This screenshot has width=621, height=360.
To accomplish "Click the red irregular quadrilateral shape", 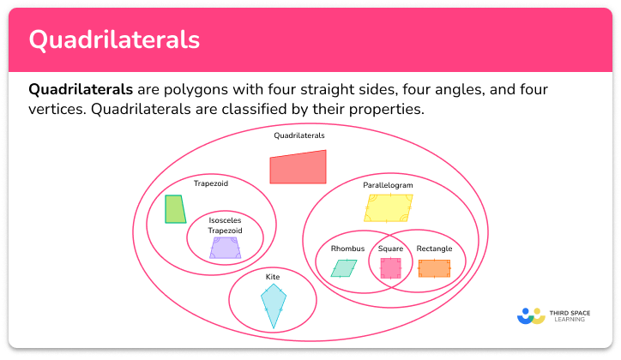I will tap(298, 167).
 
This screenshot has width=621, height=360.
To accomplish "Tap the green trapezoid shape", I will tap(175, 209).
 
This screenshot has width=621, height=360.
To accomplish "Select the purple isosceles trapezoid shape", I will tap(225, 248).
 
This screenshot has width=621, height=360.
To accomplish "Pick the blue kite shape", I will tap(274, 305).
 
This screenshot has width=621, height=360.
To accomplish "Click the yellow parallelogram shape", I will tap(389, 207).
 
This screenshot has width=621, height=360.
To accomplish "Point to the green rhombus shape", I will tap(343, 268).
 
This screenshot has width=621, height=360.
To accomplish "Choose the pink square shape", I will tap(390, 268).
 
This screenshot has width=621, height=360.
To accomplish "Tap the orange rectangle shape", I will tap(434, 268).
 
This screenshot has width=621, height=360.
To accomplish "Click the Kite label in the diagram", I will tap(272, 277).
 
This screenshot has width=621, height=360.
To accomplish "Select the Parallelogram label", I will tap(388, 185).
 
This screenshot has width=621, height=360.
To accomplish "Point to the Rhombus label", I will tap(347, 249).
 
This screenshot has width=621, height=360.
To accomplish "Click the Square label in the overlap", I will tap(390, 249).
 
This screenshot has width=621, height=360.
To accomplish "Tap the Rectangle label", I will tap(434, 249).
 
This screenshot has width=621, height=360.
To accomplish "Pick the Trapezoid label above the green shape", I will tap(211, 183).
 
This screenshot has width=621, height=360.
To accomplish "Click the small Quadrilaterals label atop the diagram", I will tap(299, 135).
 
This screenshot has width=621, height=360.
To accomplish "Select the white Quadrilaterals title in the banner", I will tap(114, 40).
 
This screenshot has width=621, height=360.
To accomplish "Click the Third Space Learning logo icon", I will tap(531, 316).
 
